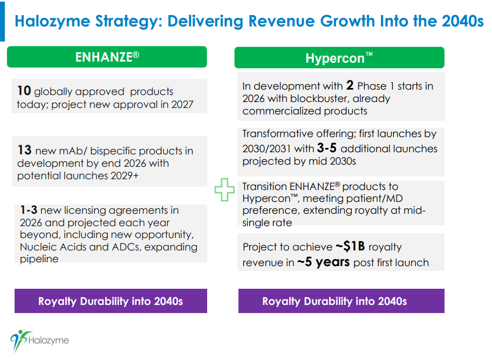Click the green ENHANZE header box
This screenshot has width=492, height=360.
pos(107,57)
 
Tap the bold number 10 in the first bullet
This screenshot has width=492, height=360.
pos(23,91)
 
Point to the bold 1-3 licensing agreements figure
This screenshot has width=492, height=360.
pos(29,210)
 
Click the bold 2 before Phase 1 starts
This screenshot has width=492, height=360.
pos(350,85)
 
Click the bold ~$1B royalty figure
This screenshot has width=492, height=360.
pos(350,247)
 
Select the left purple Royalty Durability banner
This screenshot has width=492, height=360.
pos(110,301)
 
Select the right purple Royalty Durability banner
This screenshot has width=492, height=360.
pos(341,301)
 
